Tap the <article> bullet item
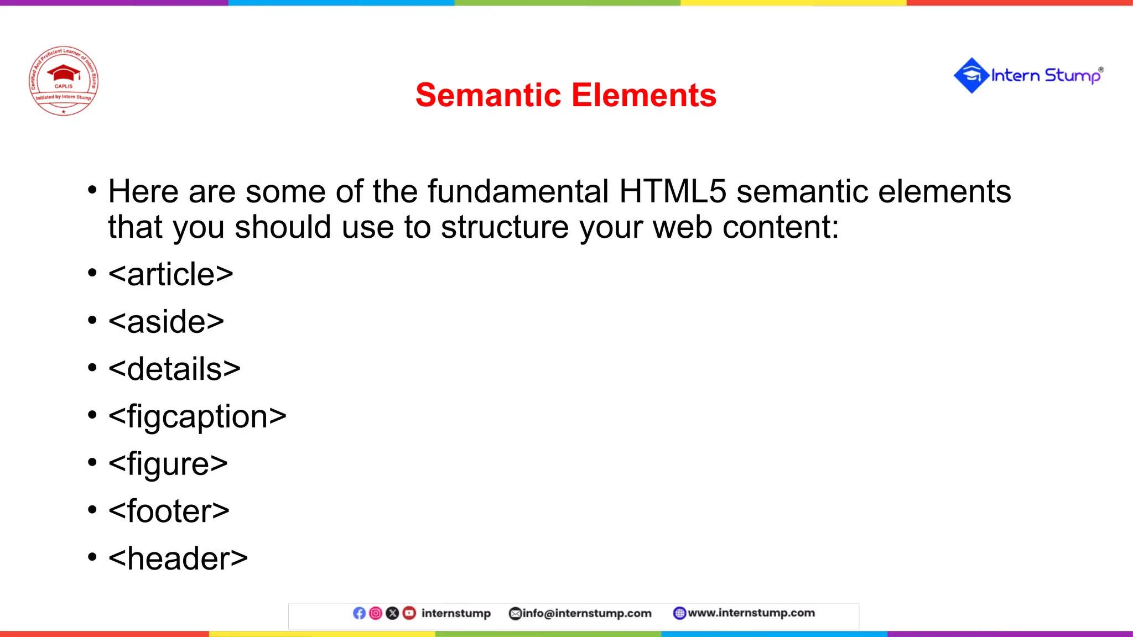pos(170,274)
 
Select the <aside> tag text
pos(166,322)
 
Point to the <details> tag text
pos(174,369)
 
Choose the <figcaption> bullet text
pos(197,416)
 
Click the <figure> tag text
pos(168,464)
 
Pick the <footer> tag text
pos(169,511)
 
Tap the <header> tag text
pos(178,558)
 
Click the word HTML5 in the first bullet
pos(672,192)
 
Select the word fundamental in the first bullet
pos(517,192)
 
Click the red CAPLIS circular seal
pos(64,81)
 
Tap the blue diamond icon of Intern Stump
pos(971,75)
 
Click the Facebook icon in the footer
pos(359,613)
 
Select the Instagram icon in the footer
pos(376,613)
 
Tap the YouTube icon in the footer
pos(409,613)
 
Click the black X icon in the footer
pos(392,613)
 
